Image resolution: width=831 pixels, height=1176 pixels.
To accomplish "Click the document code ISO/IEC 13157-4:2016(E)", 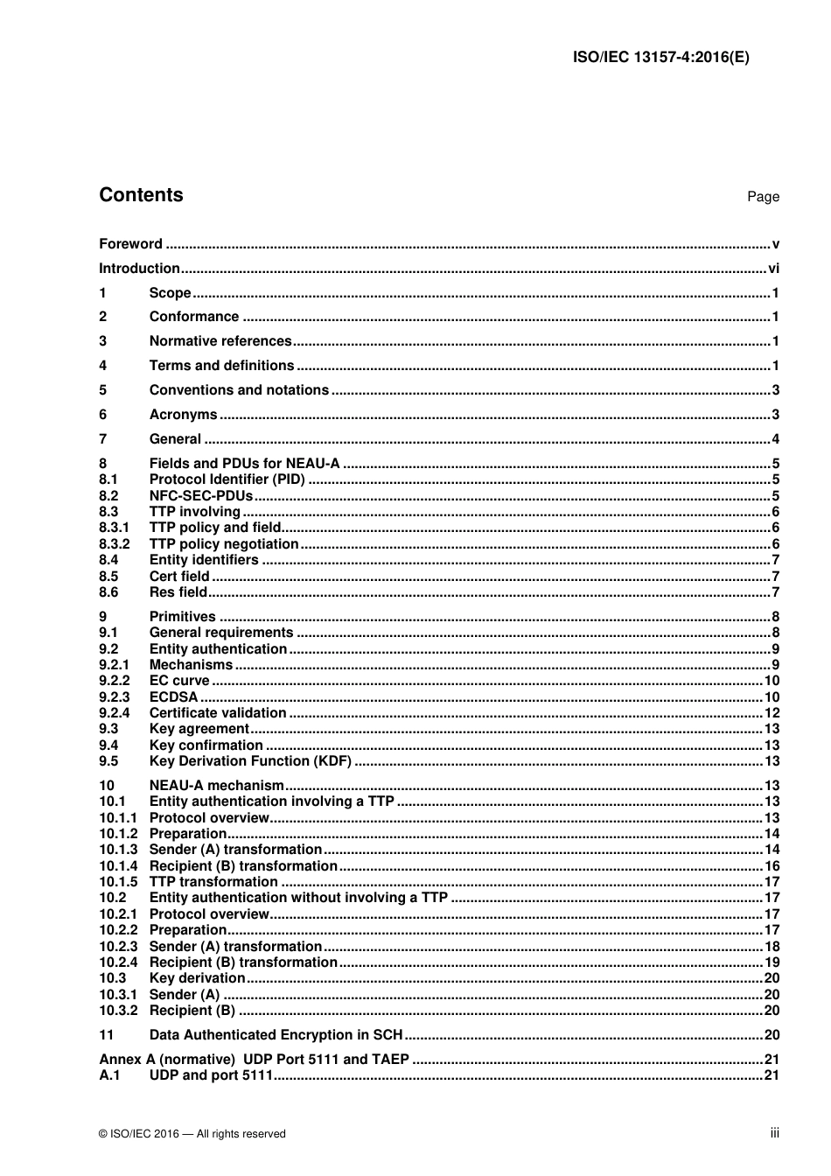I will [x=660, y=58].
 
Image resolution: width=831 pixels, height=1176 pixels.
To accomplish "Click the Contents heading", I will [x=141, y=195].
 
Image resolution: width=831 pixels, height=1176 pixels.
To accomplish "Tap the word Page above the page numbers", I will [x=762, y=197].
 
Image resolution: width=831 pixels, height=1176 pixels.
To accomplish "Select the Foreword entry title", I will [x=130, y=244].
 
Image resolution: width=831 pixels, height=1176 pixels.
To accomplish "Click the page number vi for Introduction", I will [x=773, y=269].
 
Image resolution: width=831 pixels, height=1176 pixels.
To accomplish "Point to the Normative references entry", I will [x=220, y=341].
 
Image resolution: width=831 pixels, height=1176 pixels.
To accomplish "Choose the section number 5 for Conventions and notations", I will [x=103, y=390].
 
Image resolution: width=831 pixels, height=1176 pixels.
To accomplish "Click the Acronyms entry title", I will [x=183, y=415].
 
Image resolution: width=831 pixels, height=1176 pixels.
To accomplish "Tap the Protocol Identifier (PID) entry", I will [x=227, y=479].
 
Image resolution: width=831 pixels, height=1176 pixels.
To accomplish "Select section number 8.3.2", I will [x=114, y=544].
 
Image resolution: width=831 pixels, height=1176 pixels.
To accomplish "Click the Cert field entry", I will [x=179, y=577].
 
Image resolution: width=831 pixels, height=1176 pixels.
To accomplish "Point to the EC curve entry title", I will [x=179, y=681].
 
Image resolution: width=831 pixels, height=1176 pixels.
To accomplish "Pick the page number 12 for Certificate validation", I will [x=772, y=713].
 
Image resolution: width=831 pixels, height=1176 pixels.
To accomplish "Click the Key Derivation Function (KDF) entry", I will [x=250, y=761].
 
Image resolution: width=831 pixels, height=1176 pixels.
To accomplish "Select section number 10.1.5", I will [x=118, y=882].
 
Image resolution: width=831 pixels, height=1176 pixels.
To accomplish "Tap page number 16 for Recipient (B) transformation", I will [x=772, y=866].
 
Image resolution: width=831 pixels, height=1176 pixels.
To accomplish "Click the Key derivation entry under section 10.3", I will [x=197, y=978].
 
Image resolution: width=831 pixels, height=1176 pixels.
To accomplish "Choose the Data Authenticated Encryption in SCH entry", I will [x=276, y=1035].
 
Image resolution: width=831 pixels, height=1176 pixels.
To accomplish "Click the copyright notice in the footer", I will [x=192, y=1134].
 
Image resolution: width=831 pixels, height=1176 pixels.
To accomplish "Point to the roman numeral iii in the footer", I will [x=774, y=1133].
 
